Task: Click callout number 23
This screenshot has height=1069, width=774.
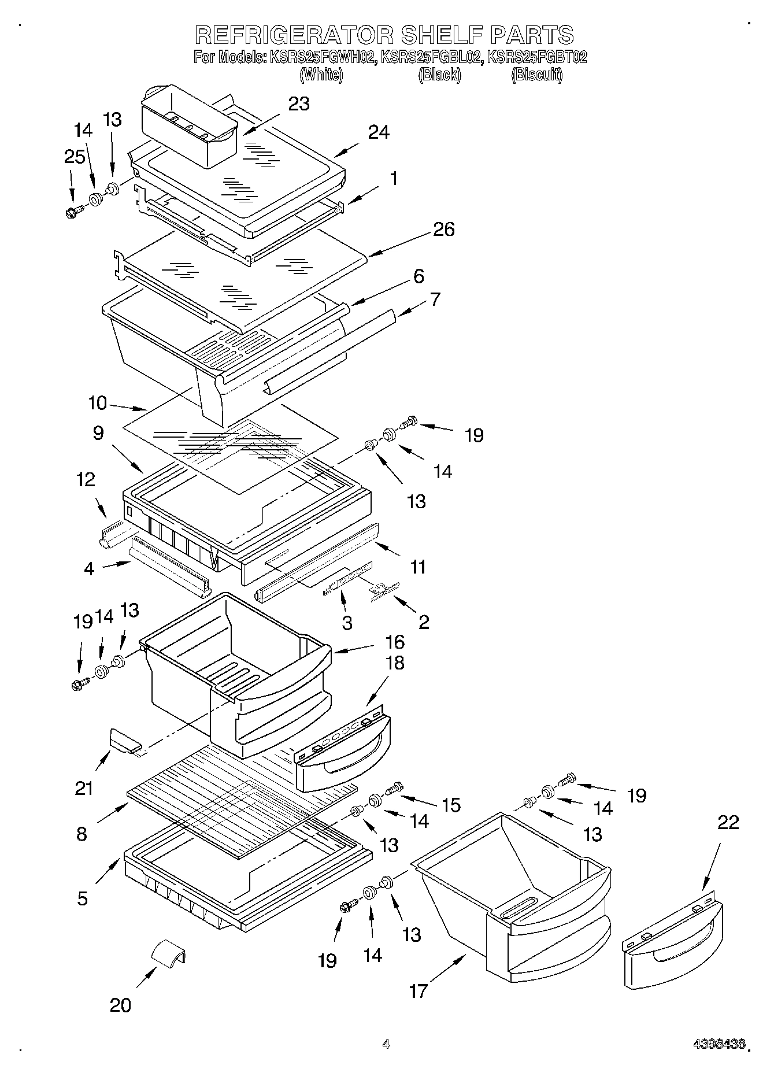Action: tap(299, 103)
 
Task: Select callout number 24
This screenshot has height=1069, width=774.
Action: tap(379, 132)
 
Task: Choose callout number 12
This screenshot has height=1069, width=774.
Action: tap(86, 479)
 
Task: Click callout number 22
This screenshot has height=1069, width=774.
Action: tap(728, 822)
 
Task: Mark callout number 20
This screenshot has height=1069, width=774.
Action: tap(120, 1005)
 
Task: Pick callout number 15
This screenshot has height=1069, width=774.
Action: tap(451, 804)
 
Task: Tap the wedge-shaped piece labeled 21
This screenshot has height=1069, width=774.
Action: tap(124, 741)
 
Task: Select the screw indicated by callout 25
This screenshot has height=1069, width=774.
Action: tap(73, 212)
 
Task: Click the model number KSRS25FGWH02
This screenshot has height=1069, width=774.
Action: tap(321, 57)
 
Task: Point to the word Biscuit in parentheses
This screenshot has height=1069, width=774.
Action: tap(536, 75)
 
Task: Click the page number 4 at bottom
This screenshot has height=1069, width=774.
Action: tap(386, 1044)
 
